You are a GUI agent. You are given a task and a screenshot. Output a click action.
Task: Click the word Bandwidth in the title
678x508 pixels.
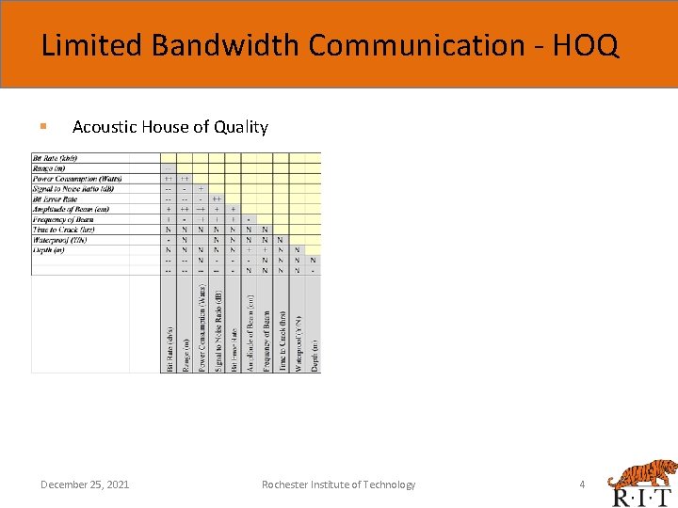click(218, 45)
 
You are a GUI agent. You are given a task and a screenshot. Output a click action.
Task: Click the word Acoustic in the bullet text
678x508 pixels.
click(105, 127)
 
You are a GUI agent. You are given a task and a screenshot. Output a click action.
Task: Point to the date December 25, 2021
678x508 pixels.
click(85, 484)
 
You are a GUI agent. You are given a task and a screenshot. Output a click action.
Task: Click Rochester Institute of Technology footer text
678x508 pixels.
click(338, 484)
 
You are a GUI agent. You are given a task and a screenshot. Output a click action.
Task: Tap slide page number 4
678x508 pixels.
click(582, 484)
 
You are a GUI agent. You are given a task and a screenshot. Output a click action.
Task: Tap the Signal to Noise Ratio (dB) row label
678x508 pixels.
click(73, 188)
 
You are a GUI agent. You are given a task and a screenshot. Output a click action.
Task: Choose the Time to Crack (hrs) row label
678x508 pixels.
click(64, 230)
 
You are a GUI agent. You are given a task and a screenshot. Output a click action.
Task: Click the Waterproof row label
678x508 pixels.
click(61, 240)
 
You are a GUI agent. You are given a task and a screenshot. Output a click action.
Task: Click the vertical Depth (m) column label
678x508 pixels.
click(314, 356)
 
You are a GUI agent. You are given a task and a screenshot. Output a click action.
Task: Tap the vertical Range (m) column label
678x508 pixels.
click(186, 355)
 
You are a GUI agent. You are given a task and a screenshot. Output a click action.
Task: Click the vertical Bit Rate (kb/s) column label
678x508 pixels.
click(169, 349)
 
